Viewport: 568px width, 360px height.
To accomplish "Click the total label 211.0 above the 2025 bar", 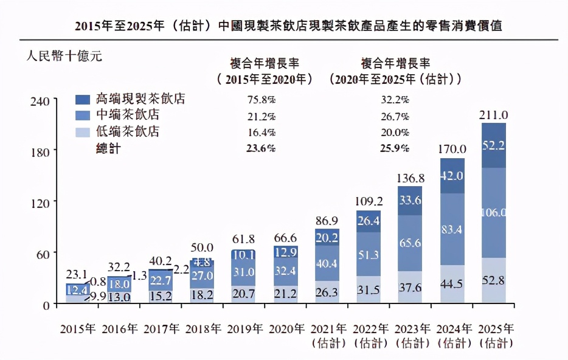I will click(494, 115).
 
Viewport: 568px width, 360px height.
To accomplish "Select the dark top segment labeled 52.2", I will click(494, 145).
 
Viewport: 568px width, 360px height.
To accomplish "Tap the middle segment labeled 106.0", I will click(494, 212).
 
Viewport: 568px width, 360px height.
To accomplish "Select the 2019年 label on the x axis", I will click(244, 329).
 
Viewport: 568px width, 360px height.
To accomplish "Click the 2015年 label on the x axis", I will click(78, 329).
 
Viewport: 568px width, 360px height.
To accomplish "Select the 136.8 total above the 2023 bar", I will click(411, 178).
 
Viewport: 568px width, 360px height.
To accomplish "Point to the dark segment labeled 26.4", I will click(369, 220).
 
